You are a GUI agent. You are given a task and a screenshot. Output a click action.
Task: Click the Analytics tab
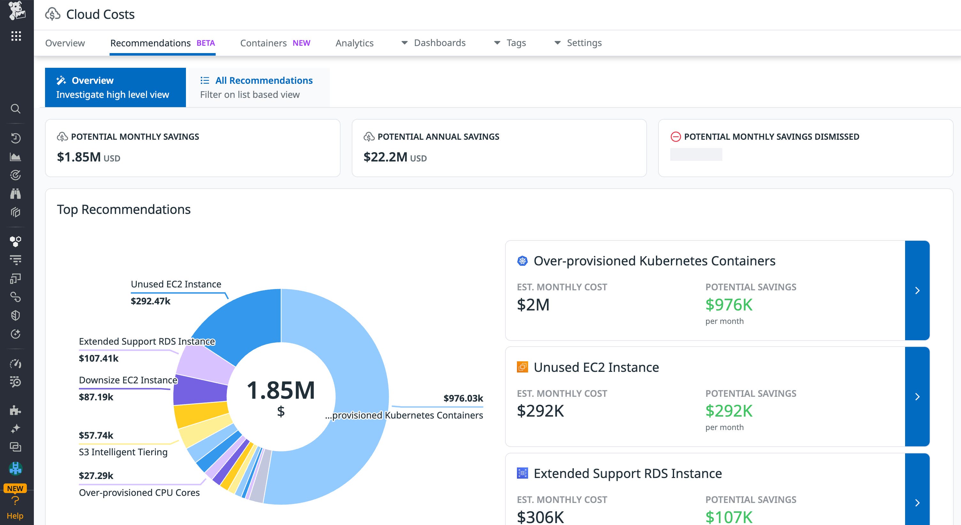click(x=354, y=43)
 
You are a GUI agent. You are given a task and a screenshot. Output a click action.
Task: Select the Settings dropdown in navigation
click(x=578, y=43)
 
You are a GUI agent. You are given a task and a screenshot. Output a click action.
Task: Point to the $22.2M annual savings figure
click(x=385, y=157)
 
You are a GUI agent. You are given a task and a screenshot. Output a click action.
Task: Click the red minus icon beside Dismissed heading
click(x=675, y=137)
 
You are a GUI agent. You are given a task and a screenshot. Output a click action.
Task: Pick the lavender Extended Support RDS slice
click(x=205, y=364)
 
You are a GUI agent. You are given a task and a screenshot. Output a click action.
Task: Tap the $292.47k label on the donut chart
click(x=150, y=301)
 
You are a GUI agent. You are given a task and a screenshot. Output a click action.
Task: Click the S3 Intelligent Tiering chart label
click(x=123, y=452)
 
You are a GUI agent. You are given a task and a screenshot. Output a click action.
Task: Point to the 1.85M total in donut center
click(x=281, y=390)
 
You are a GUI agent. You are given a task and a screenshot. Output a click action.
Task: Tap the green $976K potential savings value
click(x=729, y=305)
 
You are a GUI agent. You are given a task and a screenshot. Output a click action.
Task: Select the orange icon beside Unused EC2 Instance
click(x=522, y=367)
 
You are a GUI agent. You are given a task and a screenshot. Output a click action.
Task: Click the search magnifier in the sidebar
click(x=15, y=109)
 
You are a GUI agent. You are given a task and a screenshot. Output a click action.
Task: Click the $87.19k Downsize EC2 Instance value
click(x=96, y=397)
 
